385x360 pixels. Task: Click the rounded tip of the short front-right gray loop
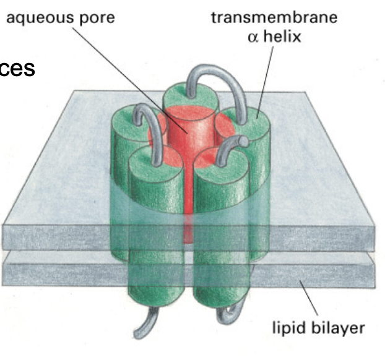(244, 143)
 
